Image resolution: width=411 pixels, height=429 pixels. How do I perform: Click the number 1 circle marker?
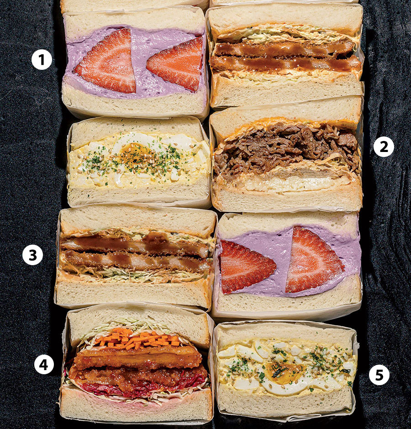(42, 60)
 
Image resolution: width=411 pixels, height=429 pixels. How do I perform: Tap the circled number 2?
(384, 146)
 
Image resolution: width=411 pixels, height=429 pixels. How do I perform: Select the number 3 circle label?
(32, 255)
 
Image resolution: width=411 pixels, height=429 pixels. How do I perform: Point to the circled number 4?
(44, 364)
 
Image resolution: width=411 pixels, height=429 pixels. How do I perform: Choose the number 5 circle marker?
(379, 375)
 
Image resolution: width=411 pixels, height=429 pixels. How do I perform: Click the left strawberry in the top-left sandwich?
(108, 62)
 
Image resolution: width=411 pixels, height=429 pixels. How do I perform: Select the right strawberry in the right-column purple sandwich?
(312, 260)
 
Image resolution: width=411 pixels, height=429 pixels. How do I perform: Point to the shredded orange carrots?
(137, 339)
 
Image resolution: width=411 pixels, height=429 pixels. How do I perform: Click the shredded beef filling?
(286, 148)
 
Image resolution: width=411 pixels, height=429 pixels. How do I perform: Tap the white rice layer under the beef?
(285, 184)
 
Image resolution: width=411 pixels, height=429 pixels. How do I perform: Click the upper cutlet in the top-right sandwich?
(284, 49)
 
